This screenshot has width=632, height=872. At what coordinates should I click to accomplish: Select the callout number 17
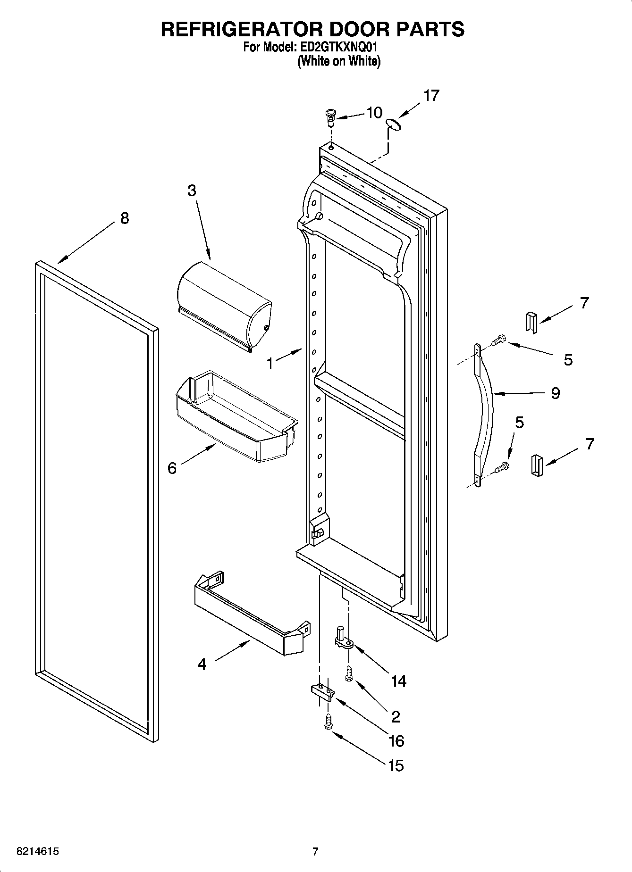click(431, 95)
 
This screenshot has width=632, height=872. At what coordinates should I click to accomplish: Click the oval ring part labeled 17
click(393, 124)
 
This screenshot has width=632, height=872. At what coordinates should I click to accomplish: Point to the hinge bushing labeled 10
click(331, 116)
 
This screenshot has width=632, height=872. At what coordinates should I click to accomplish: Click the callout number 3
click(192, 191)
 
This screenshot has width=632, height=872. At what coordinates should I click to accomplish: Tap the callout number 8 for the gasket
click(124, 218)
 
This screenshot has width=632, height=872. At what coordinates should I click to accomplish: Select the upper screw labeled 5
click(498, 340)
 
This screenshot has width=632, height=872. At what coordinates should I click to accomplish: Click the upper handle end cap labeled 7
click(531, 323)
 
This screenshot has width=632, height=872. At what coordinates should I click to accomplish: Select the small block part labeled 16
click(322, 691)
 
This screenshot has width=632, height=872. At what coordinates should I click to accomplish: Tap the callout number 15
click(396, 765)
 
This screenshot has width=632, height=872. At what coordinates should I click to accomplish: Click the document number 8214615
click(38, 852)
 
